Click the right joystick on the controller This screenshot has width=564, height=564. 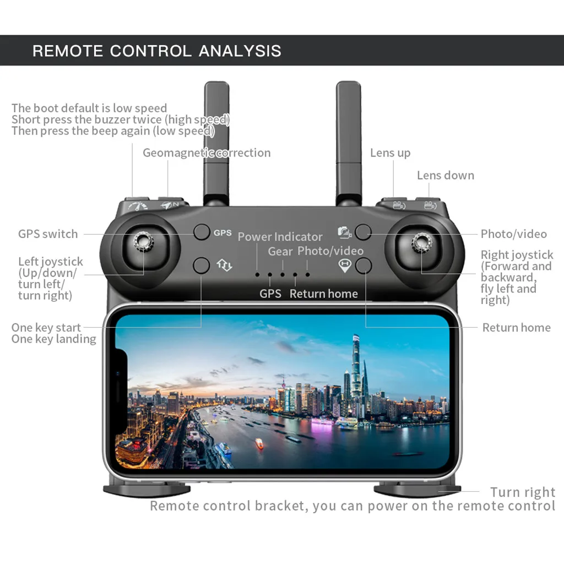click(x=421, y=242)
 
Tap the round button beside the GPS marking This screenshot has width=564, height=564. click(x=202, y=232)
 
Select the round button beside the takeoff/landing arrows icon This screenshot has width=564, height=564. click(x=202, y=265)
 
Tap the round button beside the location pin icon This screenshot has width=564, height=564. click(x=363, y=266)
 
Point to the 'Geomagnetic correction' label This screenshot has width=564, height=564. click(x=207, y=153)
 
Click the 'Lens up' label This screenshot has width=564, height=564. click(x=390, y=153)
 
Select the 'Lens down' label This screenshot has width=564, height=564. click(x=445, y=175)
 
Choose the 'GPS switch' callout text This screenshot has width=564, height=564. click(x=48, y=234)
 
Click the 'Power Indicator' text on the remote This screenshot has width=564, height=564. click(x=280, y=237)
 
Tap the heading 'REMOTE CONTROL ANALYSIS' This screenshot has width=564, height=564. click(x=157, y=51)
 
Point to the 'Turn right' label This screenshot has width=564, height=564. click(x=523, y=492)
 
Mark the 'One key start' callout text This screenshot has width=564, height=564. click(x=46, y=328)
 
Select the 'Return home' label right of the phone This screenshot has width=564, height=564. click(x=516, y=328)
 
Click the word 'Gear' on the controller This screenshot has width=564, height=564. click(x=280, y=252)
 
